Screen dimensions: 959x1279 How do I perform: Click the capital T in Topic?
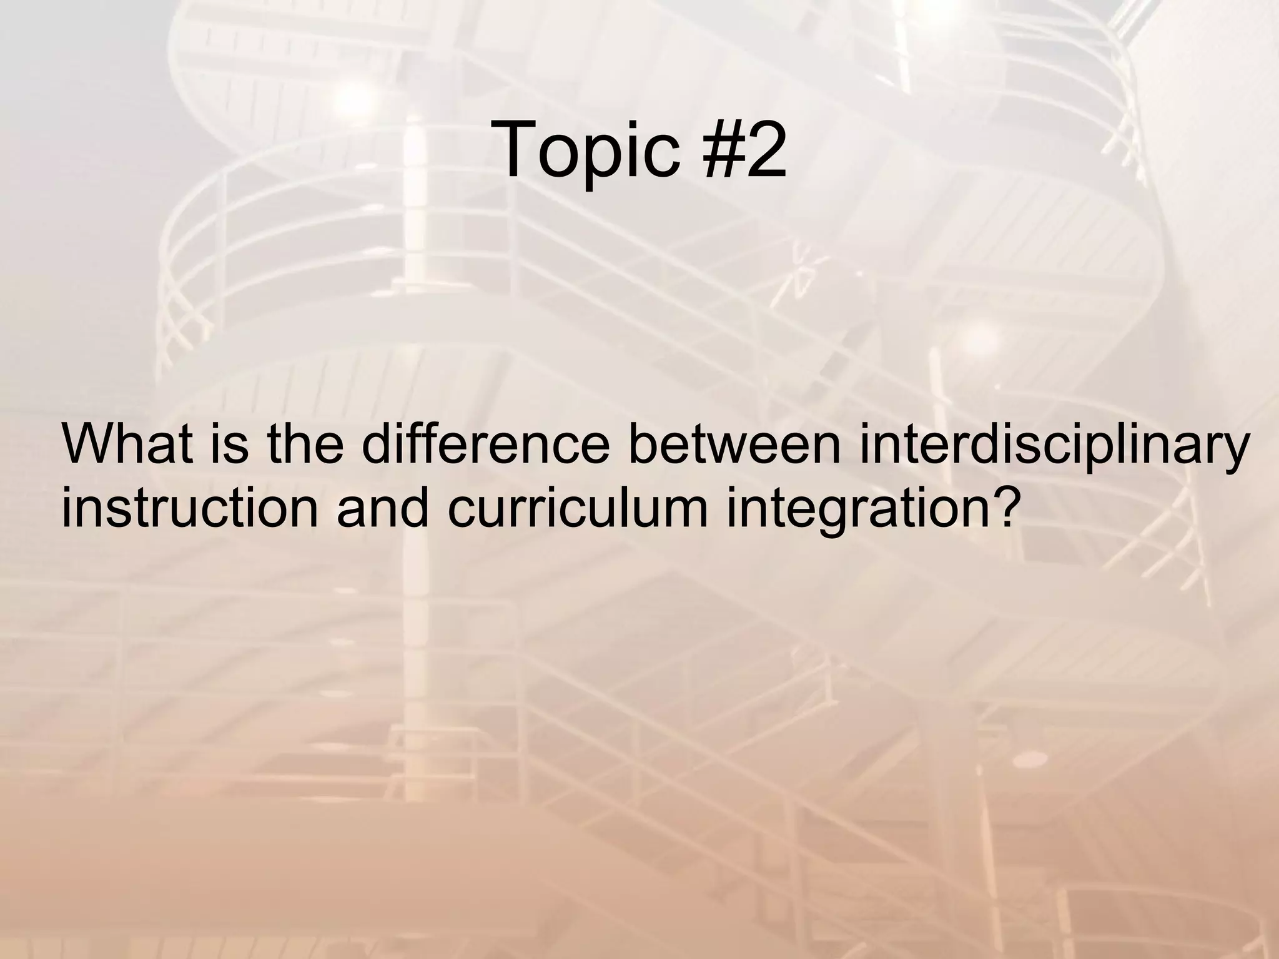pyautogui.click(x=518, y=150)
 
